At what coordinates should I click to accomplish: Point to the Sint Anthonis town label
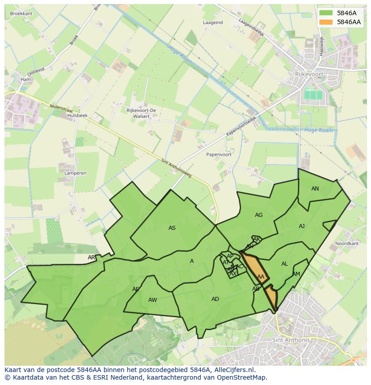(x=291, y=340)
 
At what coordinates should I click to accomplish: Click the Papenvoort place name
(x=219, y=154)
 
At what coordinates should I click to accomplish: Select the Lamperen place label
(x=75, y=173)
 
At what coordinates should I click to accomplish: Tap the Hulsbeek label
(x=77, y=115)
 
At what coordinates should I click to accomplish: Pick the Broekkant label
(x=21, y=14)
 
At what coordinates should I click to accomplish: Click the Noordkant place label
(x=347, y=244)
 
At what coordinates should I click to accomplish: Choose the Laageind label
(x=212, y=22)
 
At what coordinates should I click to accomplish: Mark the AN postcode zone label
(x=315, y=189)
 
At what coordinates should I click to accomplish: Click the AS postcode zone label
(x=172, y=228)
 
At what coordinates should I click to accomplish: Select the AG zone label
(x=259, y=215)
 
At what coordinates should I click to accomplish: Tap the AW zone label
(x=152, y=300)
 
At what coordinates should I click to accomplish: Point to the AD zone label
(x=215, y=299)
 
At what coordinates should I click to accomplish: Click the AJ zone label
(x=302, y=226)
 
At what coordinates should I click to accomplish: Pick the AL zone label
(x=285, y=264)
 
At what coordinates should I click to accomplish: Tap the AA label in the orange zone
(x=261, y=277)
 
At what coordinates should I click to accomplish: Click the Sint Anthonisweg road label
(x=176, y=168)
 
